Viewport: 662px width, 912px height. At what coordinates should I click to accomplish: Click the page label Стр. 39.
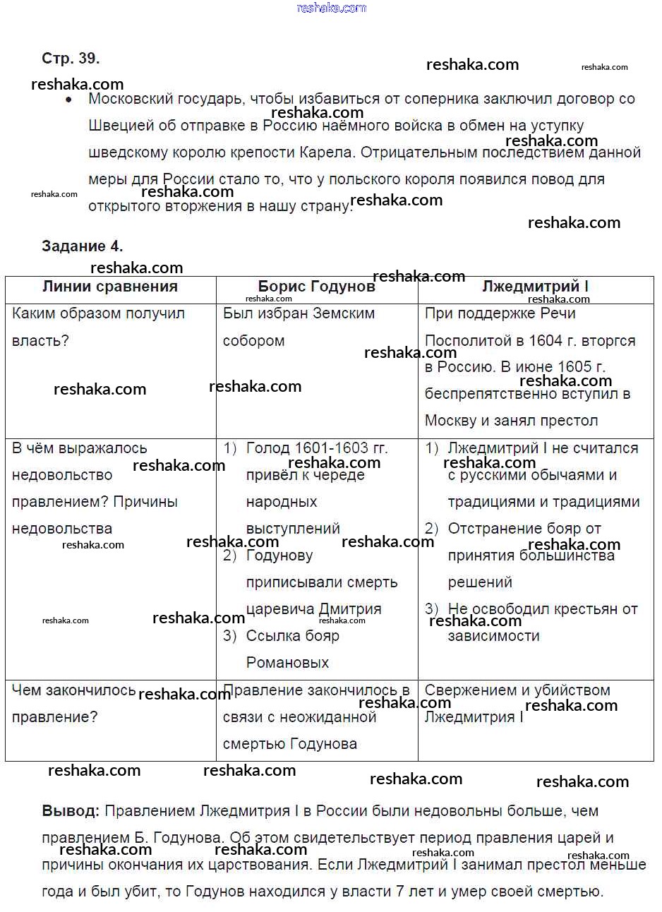[71, 58]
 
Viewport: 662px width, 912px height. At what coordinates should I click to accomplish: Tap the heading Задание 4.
[82, 246]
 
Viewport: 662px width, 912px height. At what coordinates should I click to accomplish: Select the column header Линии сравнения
[110, 287]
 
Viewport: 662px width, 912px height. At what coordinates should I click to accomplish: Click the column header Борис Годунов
[316, 287]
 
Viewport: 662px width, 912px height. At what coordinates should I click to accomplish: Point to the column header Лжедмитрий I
[535, 287]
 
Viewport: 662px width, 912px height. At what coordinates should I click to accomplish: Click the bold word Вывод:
[71, 811]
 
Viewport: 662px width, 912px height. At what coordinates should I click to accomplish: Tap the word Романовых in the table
[287, 663]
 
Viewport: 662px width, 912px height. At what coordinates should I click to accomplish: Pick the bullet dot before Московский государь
[68, 100]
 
